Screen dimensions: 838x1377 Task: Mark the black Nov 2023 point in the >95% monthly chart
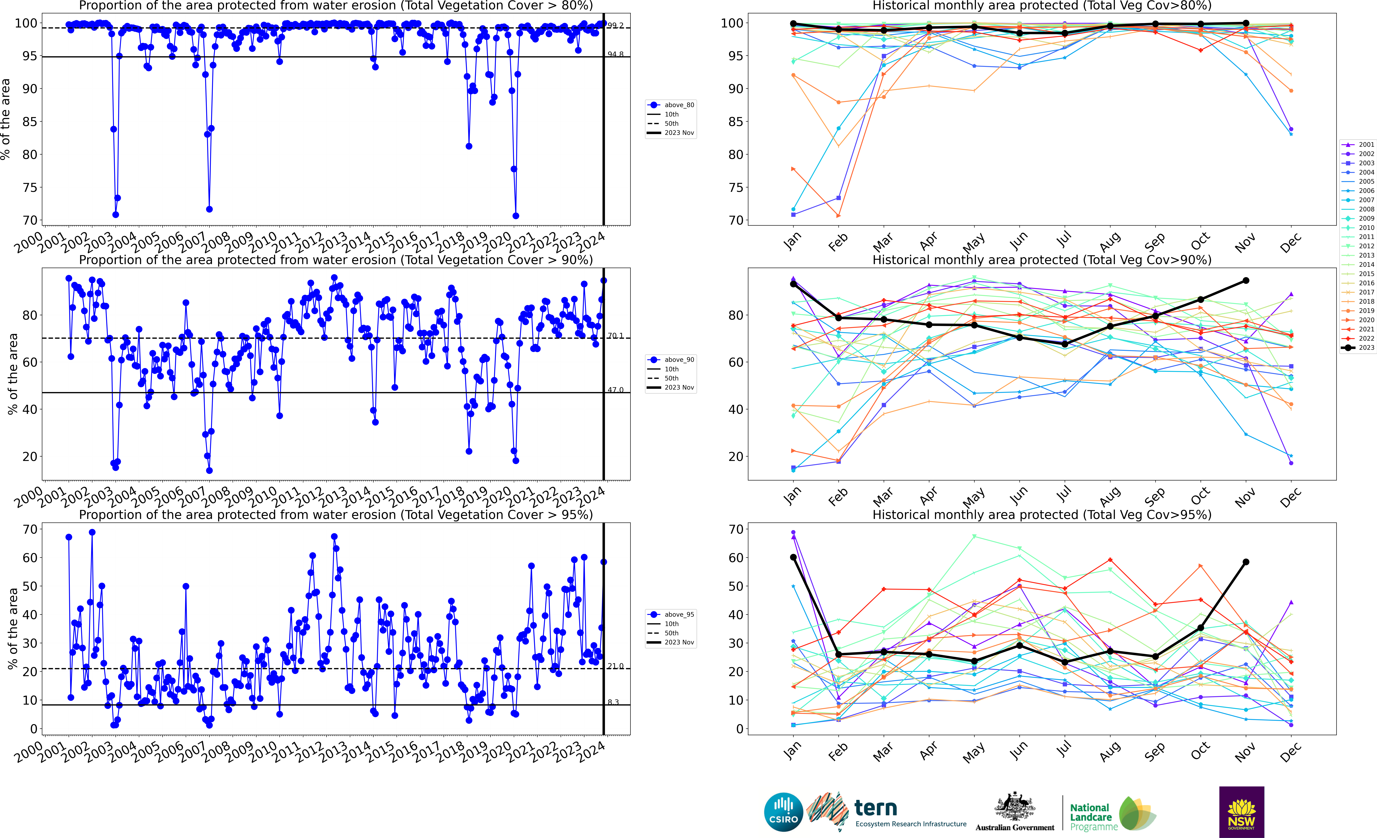pyautogui.click(x=1246, y=562)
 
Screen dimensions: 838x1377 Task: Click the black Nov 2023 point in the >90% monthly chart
pyautogui.click(x=1246, y=280)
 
